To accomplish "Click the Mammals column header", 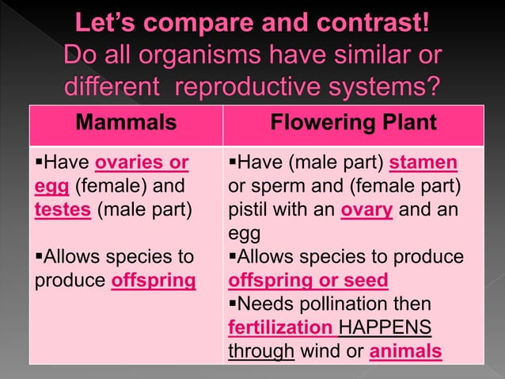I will point(127,123).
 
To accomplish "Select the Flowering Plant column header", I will point(353,123).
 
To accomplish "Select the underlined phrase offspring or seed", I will point(308,280).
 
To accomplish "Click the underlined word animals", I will point(407,350).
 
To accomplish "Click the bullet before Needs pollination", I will point(232,303).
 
